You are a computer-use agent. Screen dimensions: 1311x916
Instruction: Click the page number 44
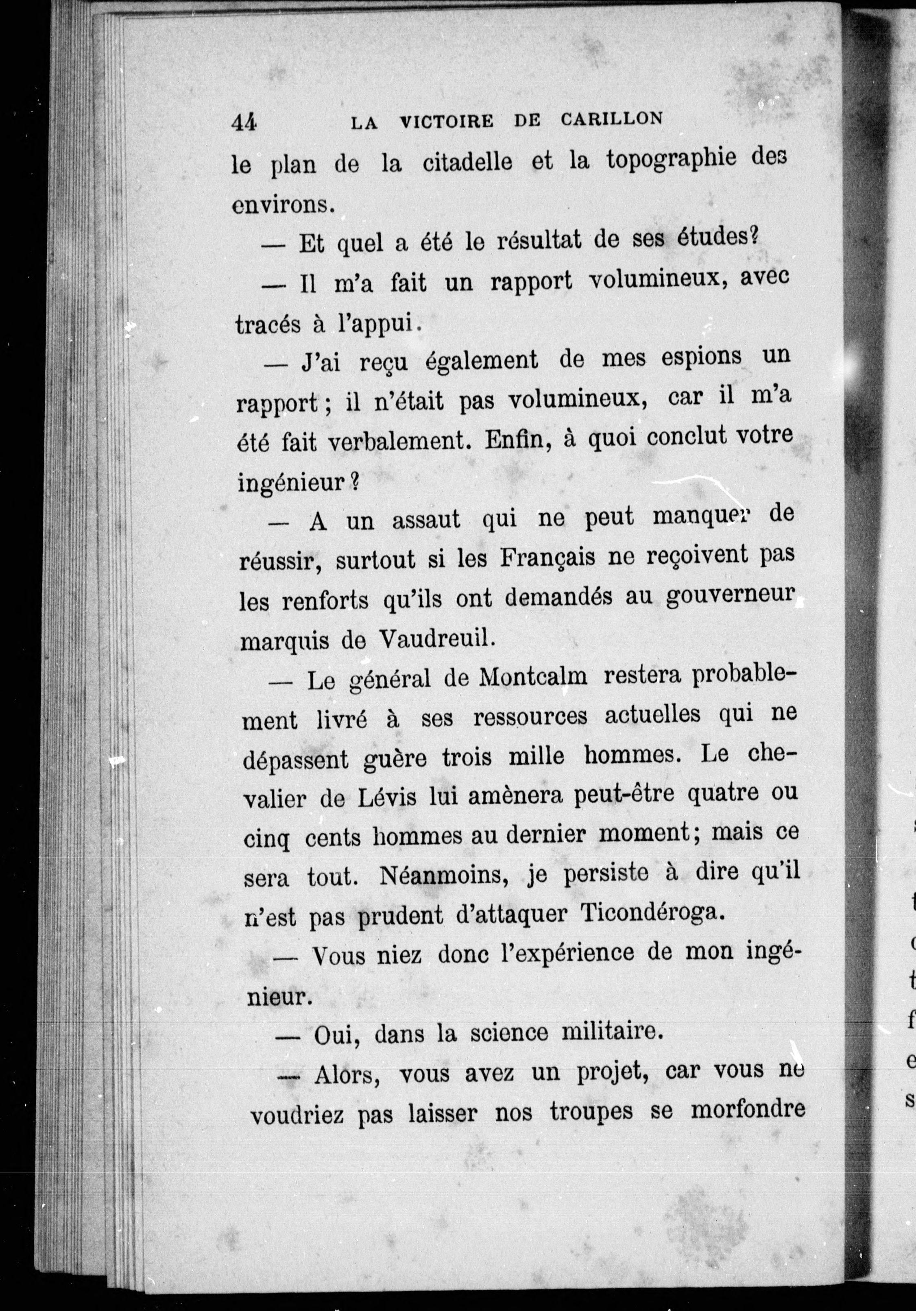tap(244, 123)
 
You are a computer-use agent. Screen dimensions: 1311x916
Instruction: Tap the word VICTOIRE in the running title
tap(447, 122)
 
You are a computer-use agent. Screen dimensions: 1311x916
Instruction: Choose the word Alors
tap(349, 1074)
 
